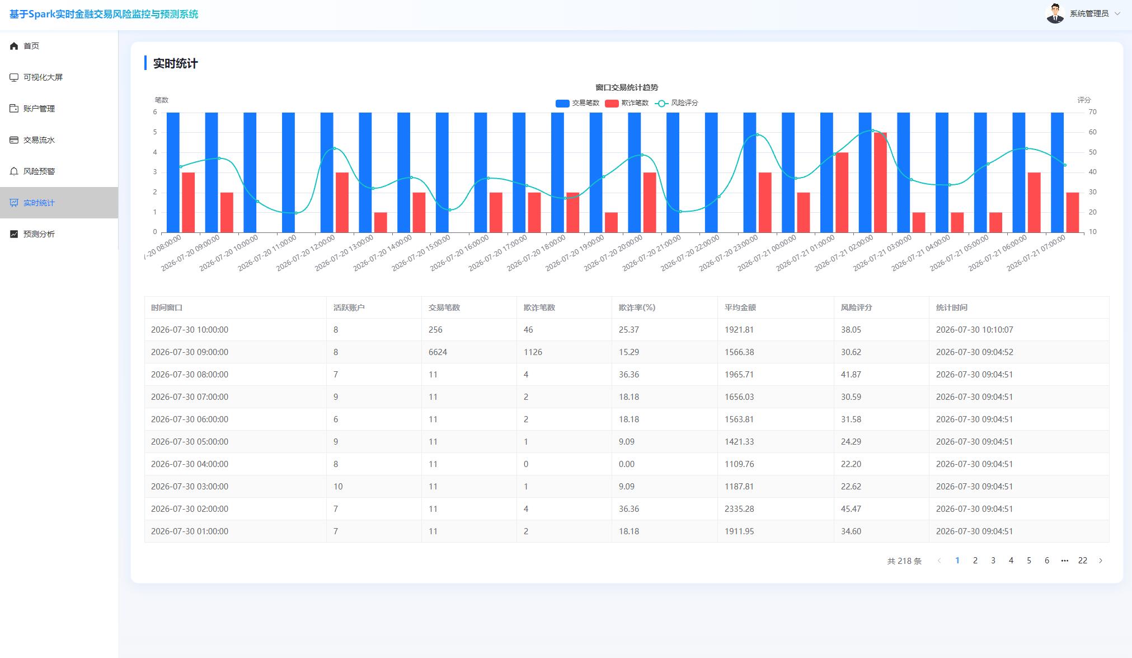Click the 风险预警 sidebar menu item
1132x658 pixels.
click(x=39, y=171)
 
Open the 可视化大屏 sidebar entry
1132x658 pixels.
click(x=43, y=77)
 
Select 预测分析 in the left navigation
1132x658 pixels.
click(x=39, y=234)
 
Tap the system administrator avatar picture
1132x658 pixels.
click(x=1055, y=13)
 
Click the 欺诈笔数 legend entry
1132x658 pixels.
click(x=627, y=103)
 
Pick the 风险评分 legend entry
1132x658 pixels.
click(x=677, y=103)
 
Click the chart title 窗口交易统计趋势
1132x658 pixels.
click(x=627, y=87)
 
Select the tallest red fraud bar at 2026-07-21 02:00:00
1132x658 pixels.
click(x=880, y=183)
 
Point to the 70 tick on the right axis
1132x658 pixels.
click(x=1092, y=112)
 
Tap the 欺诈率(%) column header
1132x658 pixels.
click(x=637, y=307)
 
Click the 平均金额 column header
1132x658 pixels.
click(x=740, y=307)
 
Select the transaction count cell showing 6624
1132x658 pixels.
click(x=438, y=352)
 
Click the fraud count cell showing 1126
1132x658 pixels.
click(x=533, y=352)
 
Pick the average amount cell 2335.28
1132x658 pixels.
click(x=739, y=509)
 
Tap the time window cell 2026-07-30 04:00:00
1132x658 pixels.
click(x=190, y=464)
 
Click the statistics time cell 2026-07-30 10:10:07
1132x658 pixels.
click(x=974, y=330)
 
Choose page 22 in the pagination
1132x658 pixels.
click(x=1083, y=561)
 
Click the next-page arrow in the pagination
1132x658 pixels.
click(x=1101, y=561)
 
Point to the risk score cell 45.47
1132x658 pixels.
click(x=851, y=509)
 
